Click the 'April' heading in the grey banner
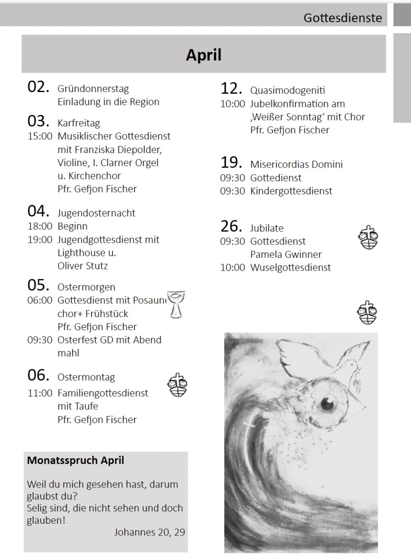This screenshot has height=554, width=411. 203,55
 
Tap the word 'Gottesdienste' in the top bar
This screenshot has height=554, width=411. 342,18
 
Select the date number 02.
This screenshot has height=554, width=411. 38,87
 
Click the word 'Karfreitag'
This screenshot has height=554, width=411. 79,123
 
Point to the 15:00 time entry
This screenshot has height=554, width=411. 40,136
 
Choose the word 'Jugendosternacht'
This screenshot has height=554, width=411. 96,213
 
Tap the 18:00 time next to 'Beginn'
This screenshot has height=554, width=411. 40,226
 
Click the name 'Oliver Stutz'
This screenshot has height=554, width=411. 83,266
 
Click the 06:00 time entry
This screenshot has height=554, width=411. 40,300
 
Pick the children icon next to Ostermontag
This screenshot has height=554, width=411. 178,385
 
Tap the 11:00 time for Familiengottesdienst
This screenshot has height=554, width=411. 40,393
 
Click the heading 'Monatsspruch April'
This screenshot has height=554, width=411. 75,460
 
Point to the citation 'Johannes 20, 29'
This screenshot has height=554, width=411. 149,532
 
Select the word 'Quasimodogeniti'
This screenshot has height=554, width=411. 288,90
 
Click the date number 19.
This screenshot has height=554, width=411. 231,162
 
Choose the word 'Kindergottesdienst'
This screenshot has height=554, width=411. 291,191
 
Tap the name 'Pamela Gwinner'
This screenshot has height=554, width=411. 286,254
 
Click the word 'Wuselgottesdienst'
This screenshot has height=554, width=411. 291,268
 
